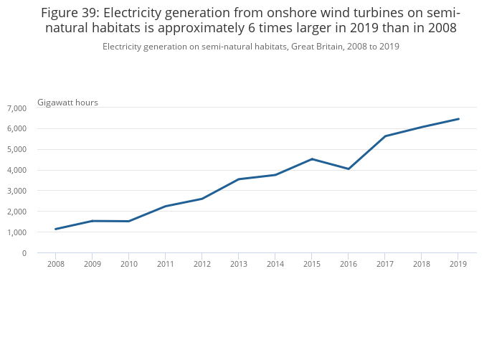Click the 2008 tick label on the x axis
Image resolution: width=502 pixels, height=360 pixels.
[x=55, y=264]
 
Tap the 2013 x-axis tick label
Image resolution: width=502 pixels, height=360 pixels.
[x=239, y=264]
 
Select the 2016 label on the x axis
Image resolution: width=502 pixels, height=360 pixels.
[x=349, y=264]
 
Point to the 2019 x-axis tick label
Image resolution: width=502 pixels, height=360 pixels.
[x=458, y=264]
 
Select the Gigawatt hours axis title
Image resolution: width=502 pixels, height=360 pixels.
[x=67, y=103]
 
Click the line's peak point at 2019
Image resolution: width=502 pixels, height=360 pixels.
[x=458, y=119]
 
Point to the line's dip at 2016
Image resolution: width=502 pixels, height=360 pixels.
[x=349, y=169]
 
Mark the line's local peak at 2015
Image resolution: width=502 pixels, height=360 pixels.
[x=312, y=158]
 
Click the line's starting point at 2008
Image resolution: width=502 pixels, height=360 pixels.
[x=55, y=229]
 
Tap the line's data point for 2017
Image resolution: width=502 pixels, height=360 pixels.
[x=385, y=136]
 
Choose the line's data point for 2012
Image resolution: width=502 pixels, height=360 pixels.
[x=202, y=199]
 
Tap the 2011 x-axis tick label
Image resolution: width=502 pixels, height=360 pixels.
[x=166, y=264]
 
